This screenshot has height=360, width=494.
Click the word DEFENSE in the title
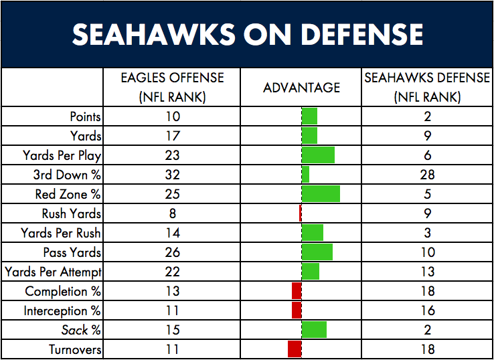pos(363,35)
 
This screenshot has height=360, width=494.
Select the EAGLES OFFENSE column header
pos(172,88)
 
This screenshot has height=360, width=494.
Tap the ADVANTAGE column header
pos(301,87)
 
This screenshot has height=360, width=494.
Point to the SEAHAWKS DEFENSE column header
pos(427,88)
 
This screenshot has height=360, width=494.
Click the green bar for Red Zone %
pos(321,194)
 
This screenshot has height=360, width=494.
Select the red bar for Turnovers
pos(295,349)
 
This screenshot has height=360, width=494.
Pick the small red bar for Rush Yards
pos(301,213)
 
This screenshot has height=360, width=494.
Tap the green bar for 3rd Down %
pos(305,175)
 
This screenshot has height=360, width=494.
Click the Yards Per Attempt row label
pos(53,272)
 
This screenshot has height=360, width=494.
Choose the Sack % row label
pos(81,330)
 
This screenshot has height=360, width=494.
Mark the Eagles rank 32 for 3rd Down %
pos(172,175)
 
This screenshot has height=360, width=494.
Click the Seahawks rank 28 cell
pos(427,175)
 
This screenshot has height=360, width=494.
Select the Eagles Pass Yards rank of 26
pos(172,252)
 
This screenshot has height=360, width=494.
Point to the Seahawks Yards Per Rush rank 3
pos(428,233)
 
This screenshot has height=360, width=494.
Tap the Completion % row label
pos(63,291)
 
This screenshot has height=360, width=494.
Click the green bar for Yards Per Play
pos(318,155)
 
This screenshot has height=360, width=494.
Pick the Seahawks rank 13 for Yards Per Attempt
pos(427,272)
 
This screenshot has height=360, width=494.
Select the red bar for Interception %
pos(297,310)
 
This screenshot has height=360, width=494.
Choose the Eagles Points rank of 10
pos(172,117)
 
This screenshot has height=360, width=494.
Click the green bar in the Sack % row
pos(314,329)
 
